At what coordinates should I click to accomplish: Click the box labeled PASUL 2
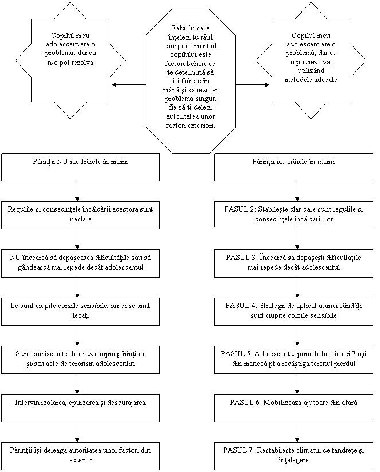click(293, 214)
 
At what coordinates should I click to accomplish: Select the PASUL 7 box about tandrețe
click(293, 456)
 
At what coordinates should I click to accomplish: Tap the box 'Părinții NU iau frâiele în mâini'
click(80, 167)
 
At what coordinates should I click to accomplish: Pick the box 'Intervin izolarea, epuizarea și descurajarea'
click(80, 408)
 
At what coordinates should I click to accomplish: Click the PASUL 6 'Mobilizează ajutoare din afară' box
click(293, 408)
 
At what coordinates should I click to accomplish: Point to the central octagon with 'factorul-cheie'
click(190, 77)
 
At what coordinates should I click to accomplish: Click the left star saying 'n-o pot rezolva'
click(70, 60)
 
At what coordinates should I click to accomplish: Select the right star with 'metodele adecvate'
click(311, 60)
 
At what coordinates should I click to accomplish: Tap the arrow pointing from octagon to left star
click(128, 84)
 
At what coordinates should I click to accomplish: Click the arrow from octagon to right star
click(252, 84)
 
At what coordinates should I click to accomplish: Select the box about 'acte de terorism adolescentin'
click(80, 360)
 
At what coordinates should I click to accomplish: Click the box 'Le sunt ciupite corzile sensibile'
click(80, 311)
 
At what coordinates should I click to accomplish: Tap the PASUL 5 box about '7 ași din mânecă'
click(293, 360)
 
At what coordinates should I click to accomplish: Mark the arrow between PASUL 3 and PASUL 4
click(297, 287)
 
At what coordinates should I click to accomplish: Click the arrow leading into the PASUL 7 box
click(297, 432)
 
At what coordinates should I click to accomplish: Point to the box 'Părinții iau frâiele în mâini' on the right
click(293, 167)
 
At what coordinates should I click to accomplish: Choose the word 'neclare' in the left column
click(80, 219)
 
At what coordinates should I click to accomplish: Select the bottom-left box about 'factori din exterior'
click(80, 456)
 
